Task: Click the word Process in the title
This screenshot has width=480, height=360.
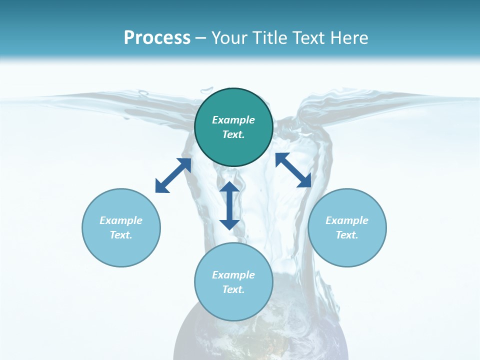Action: pos(157,38)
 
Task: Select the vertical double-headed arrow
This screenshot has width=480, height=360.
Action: pos(229,205)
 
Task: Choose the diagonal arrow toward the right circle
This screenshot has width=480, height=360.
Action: pos(293,170)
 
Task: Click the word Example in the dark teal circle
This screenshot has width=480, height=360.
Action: pos(233,120)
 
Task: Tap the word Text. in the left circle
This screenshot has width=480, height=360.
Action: pos(121,235)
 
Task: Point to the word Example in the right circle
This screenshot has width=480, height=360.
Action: pos(347,220)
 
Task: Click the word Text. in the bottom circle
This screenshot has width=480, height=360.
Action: pos(233,289)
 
